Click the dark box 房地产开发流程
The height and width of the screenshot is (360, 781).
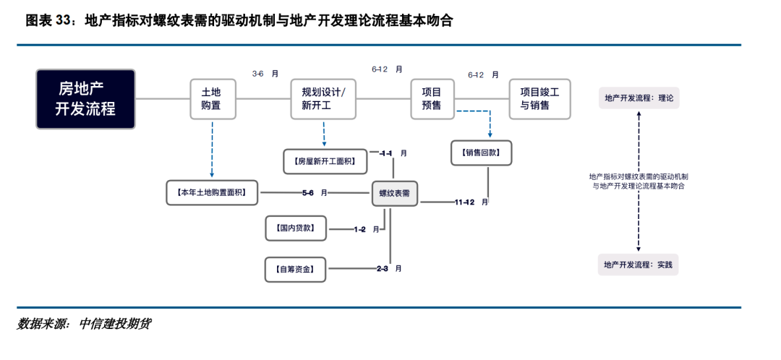86,99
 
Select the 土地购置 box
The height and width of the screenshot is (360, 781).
211,99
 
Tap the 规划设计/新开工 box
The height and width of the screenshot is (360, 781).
323,99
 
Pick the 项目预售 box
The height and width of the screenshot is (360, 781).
431,99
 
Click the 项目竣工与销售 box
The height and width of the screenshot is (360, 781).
539,99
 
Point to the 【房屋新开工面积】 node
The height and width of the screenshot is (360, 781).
325,161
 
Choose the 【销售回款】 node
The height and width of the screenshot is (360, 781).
481,153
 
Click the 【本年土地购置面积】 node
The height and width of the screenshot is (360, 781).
212,193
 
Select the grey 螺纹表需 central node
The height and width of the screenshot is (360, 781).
395,194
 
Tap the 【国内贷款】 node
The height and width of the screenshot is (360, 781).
295,228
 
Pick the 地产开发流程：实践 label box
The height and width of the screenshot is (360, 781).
639,265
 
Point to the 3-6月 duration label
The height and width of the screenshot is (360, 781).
265,74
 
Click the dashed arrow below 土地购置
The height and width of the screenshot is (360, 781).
212,148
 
